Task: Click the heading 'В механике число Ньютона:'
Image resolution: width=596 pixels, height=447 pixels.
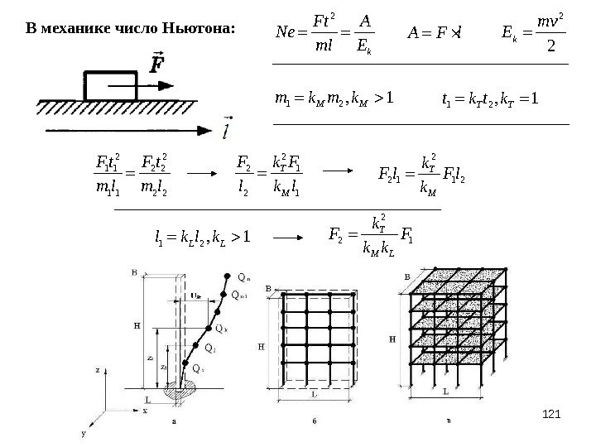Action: (x=132, y=29)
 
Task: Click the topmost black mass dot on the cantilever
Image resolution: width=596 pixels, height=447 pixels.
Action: (x=228, y=275)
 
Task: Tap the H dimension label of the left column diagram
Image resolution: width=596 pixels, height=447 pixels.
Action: (x=137, y=325)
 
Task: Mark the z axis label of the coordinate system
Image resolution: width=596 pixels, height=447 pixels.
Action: (x=98, y=372)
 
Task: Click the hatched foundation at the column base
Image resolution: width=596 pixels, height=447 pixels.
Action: (x=183, y=390)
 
